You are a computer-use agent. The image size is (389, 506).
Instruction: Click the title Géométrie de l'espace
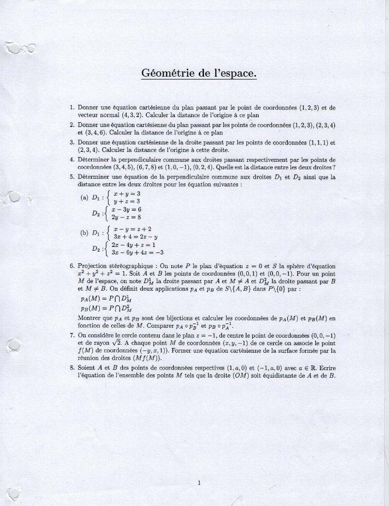[199, 73]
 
